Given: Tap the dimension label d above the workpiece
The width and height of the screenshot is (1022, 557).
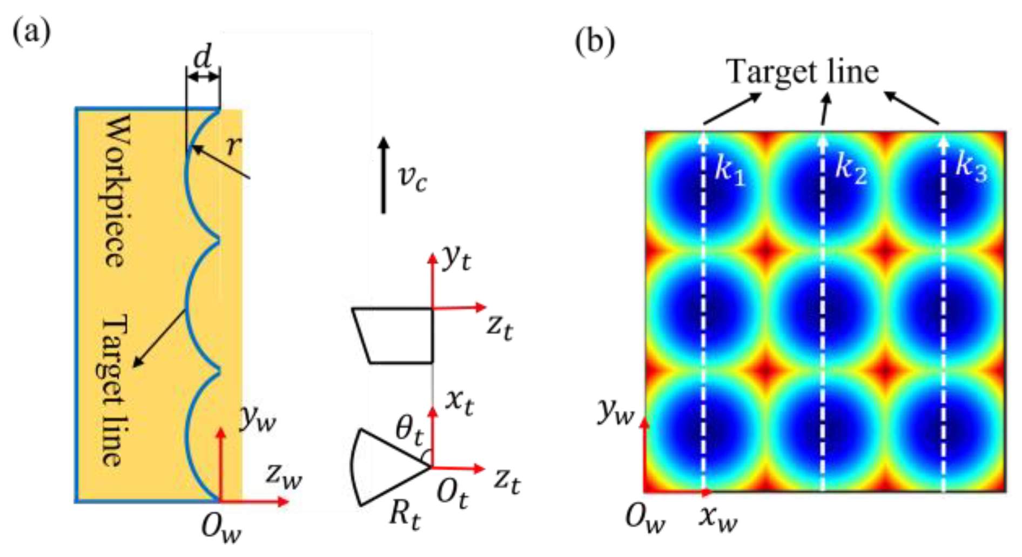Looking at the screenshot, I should (203, 56).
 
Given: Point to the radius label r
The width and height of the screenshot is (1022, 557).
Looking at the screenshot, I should (233, 144).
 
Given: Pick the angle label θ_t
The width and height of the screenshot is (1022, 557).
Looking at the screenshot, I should (409, 431).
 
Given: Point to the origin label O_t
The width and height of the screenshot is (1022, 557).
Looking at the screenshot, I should (452, 494).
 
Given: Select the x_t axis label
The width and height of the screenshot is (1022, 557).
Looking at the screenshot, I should (459, 402).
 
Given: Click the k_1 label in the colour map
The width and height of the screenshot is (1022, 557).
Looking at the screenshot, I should (730, 169).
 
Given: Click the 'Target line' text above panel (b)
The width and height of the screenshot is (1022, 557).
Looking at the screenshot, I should (803, 71).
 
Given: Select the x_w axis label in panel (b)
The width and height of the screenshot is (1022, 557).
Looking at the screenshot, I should (717, 518).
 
